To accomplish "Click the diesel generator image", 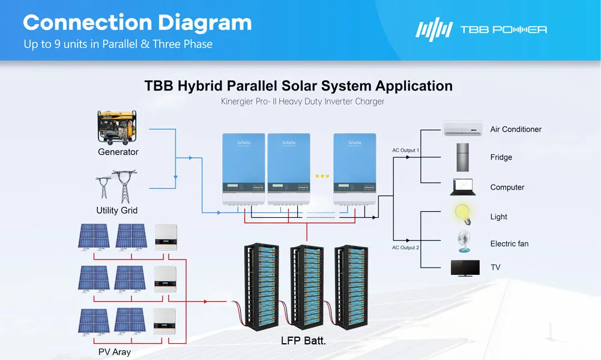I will (x=118, y=127).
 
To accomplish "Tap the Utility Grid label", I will (x=116, y=211).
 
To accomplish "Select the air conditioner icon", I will (x=462, y=128).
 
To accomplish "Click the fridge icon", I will (x=464, y=157).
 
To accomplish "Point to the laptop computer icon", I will (x=463, y=187).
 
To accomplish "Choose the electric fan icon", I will (x=464, y=241).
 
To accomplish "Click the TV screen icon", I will (x=465, y=268).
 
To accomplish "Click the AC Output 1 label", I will (x=406, y=150).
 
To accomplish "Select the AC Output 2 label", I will (x=406, y=247).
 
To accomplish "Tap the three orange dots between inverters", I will (x=322, y=176).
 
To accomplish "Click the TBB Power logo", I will (x=481, y=29).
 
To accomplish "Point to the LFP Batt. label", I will (x=303, y=341).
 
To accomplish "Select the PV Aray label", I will (x=114, y=352).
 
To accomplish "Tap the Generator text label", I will (x=118, y=152).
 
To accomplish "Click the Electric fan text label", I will (x=509, y=244).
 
